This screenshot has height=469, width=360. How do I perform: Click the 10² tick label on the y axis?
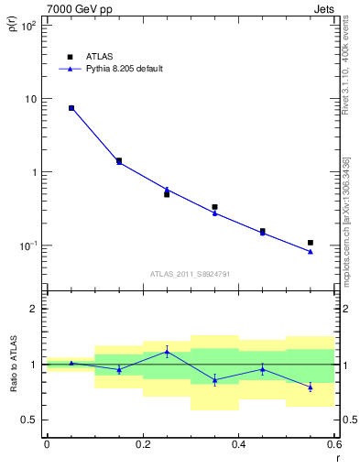[x=28, y=26]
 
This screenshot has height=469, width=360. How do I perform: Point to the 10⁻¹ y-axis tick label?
[x=27, y=245]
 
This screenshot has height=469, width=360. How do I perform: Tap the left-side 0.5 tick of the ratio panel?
[x=31, y=420]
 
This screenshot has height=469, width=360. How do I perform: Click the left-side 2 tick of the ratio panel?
[x=35, y=309]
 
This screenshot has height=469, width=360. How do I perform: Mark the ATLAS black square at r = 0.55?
[x=311, y=243]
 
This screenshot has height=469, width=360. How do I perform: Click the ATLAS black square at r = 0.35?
[x=214, y=207]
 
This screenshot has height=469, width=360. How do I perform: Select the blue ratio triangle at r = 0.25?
[x=167, y=351]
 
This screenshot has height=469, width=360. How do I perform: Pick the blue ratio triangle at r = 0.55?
[x=311, y=387]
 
